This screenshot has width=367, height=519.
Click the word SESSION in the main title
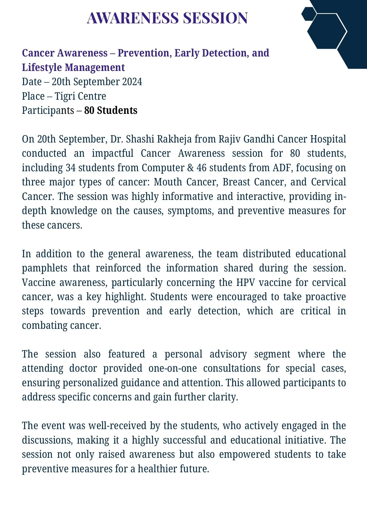pyautogui.click(x=215, y=18)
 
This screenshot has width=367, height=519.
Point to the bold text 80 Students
pyautogui.click(x=111, y=110)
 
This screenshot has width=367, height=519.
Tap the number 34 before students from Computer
pyautogui.click(x=71, y=168)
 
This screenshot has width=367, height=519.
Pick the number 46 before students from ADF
pyautogui.click(x=201, y=168)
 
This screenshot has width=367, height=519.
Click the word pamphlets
pyautogui.click(x=44, y=268)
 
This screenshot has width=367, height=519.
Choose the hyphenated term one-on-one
pyautogui.click(x=172, y=368)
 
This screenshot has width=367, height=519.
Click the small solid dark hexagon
pyautogui.click(x=309, y=14)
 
